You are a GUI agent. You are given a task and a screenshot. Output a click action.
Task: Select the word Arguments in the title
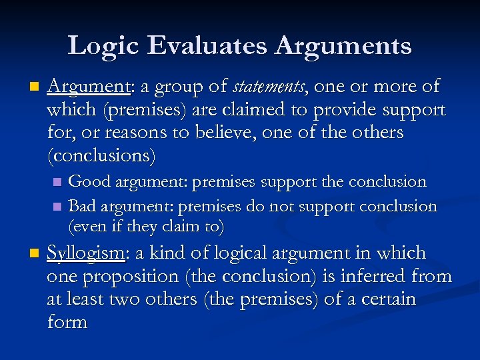click(344, 46)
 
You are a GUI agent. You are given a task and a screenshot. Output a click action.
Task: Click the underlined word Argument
click(89, 87)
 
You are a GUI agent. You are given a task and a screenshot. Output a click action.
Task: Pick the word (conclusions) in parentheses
click(101, 155)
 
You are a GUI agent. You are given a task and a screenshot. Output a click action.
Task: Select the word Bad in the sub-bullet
click(83, 206)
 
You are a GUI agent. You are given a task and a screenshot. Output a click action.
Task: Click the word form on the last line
click(67, 322)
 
